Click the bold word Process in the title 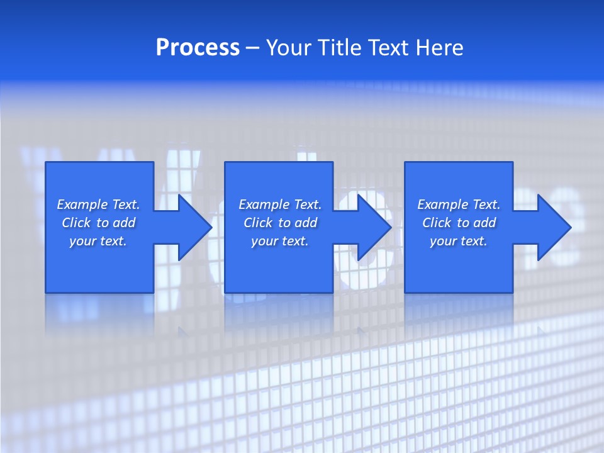198,48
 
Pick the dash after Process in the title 252,48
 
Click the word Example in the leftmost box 82,204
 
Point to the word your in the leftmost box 82,241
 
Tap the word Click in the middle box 258,223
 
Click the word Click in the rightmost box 437,223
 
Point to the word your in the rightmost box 443,241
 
